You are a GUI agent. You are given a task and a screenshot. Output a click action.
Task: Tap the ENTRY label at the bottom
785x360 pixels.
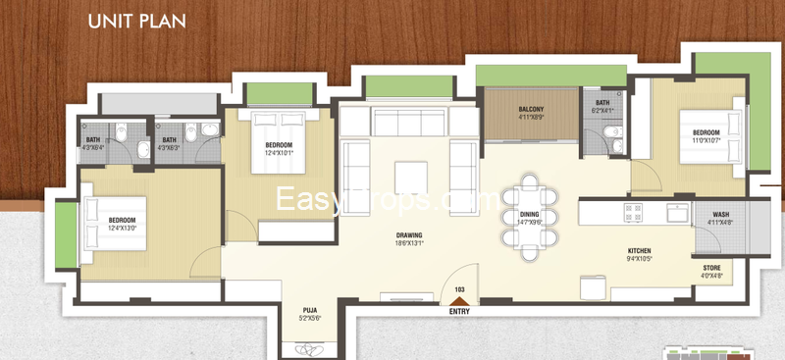tap(459, 312)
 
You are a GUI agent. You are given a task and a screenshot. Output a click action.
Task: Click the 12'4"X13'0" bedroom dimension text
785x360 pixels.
tap(123, 229)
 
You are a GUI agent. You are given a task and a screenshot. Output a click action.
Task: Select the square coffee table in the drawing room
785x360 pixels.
tap(410, 178)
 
